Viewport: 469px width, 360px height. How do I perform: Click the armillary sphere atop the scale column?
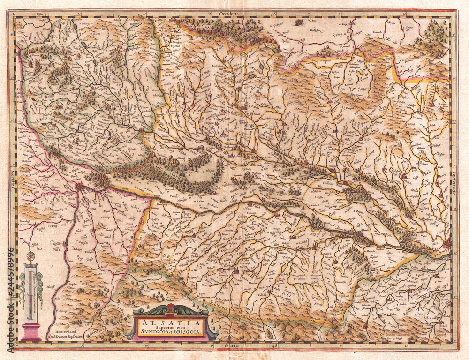(31, 256)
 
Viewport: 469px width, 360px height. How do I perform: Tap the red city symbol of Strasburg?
(446, 243)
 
